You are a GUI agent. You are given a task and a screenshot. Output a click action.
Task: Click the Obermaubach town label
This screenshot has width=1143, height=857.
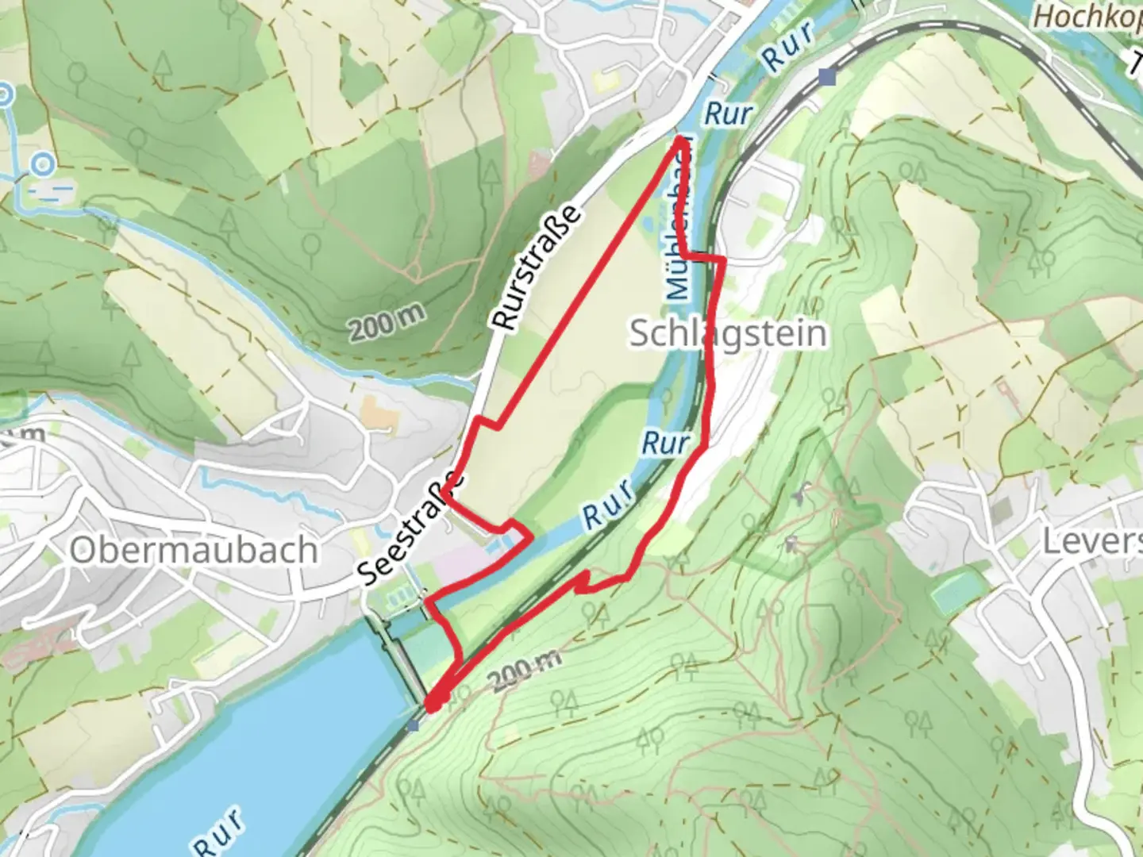pyautogui.click(x=194, y=550)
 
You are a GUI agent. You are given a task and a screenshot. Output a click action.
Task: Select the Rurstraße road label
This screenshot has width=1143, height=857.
pyautogui.click(x=537, y=267)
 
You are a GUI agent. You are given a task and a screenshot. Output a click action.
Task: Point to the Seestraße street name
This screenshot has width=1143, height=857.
pyautogui.click(x=410, y=529)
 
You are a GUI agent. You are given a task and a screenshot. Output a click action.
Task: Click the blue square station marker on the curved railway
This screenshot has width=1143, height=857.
pyautogui.click(x=828, y=77)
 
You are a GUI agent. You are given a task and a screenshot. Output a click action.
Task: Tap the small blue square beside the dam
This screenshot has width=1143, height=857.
pyautogui.click(x=413, y=725)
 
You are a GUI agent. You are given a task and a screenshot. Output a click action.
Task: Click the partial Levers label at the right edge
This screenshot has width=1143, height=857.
pyautogui.click(x=1091, y=542)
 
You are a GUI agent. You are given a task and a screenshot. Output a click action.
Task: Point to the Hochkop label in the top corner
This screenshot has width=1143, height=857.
pyautogui.click(x=1087, y=16)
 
